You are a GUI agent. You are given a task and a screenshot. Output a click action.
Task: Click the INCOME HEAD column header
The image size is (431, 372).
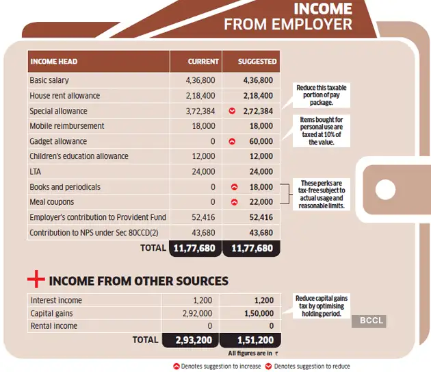tap(53, 62)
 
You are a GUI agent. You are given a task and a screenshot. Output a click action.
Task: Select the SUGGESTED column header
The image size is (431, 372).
tap(257, 62)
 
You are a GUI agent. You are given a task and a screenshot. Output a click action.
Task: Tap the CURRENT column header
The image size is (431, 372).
tap(203, 62)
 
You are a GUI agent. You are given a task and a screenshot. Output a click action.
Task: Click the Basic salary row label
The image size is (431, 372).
tap(49, 81)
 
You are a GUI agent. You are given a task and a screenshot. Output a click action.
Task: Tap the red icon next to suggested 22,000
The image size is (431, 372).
tap(234, 202)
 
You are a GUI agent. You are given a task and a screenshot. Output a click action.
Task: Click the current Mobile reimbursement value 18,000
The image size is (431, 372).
tap(203, 126)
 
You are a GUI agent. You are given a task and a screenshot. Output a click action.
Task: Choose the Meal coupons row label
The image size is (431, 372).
tap(52, 202)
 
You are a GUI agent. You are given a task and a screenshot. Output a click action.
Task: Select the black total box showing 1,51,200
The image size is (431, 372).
tap(251, 339)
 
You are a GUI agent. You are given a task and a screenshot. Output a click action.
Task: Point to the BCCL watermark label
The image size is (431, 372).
tap(372, 321)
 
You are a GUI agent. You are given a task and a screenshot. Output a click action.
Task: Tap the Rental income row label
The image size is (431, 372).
tap(54, 326)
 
